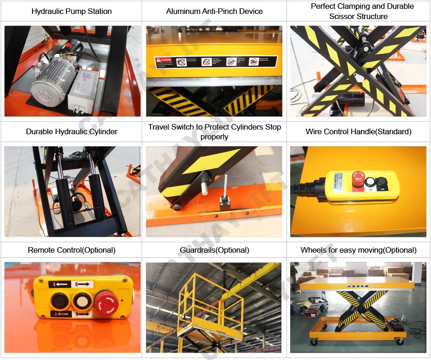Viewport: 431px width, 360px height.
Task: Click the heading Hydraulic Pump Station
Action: click(72, 11)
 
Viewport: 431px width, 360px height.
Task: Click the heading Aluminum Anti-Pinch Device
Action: click(214, 11)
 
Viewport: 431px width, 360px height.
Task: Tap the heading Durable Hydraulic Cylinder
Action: click(72, 131)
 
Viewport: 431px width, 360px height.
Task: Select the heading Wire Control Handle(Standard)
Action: click(358, 131)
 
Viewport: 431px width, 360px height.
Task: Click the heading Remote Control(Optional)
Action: click(72, 250)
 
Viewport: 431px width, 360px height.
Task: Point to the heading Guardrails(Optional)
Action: click(214, 250)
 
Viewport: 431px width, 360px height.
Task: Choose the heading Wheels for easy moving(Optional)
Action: click(358, 250)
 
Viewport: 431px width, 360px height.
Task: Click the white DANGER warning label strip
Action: click(215, 62)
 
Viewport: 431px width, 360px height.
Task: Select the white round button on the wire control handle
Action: click(370, 182)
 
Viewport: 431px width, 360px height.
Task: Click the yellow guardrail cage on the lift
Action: click(211, 302)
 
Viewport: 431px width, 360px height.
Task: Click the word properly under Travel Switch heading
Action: click(214, 137)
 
